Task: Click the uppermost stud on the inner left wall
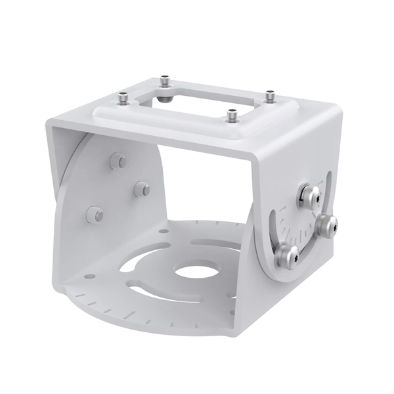pyautogui.click(x=117, y=160)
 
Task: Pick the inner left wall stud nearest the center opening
pyautogui.click(x=141, y=189)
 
